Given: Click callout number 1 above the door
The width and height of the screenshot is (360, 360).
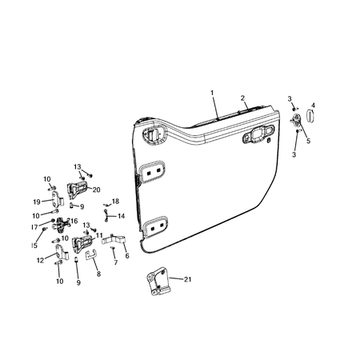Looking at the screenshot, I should coord(213,94).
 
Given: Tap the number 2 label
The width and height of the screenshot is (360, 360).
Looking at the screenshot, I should coord(242,98).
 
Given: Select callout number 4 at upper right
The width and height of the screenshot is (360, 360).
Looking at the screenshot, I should coord(313,105).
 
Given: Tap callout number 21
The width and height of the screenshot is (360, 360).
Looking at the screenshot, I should coord(187,279).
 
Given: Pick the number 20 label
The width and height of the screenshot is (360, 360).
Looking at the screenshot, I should coord(96,190).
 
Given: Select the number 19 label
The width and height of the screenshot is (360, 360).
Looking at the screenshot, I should coord(37,201).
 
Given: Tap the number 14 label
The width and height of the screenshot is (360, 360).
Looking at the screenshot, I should coord(121,216).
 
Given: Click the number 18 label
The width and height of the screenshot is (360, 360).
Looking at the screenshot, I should coord(115,202).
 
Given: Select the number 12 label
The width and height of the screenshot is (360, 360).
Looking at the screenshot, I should coord(40,260).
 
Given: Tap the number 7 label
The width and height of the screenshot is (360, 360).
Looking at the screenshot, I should coord(116,262).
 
